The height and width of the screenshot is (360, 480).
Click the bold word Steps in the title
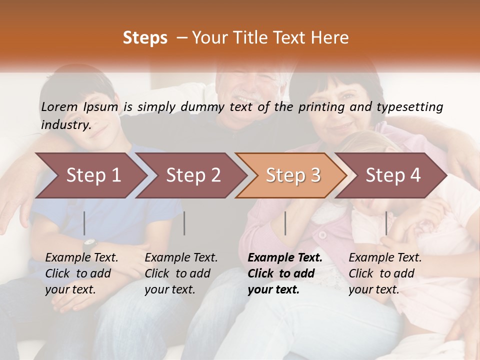click(145, 38)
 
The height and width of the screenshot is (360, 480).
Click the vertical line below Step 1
click(84, 223)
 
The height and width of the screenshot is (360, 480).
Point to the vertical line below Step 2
click(184, 223)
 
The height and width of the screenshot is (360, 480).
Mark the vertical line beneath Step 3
click(285, 223)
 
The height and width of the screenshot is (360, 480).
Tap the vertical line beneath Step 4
click(386, 223)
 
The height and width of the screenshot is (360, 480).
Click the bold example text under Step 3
click(285, 273)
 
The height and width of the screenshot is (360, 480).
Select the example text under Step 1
click(81, 273)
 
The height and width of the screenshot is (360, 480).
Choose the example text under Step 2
click(181, 273)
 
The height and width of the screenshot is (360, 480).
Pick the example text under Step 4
click(385, 273)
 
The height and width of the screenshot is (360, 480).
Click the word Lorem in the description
click(59, 107)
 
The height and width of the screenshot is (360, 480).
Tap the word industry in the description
click(65, 125)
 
